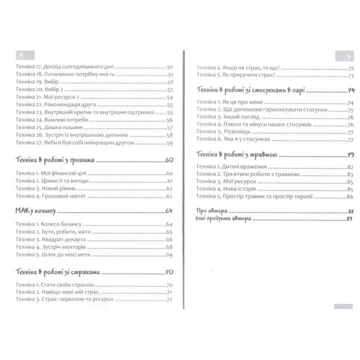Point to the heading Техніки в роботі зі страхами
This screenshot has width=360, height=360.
click(58, 272)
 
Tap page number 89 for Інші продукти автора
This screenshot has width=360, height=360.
click(349, 219)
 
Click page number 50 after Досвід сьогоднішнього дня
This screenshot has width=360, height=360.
click(169, 66)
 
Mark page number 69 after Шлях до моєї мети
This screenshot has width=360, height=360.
click(169, 255)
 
